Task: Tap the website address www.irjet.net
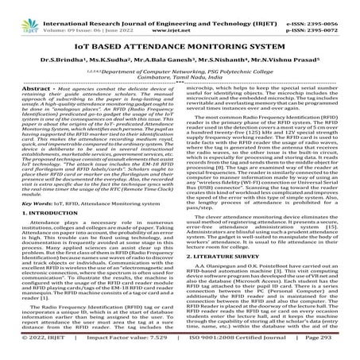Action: (180, 16)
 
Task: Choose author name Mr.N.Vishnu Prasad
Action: (281, 59)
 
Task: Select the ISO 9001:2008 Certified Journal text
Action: (230, 350)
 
